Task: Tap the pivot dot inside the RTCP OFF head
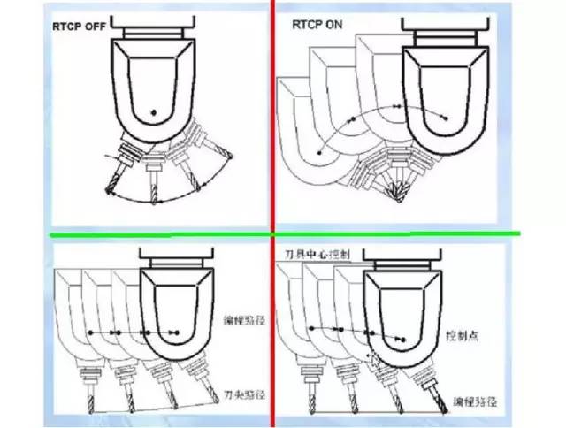point(153,111)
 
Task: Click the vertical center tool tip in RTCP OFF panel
point(153,200)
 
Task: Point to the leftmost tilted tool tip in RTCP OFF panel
point(110,194)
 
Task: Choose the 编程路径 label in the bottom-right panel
point(477,401)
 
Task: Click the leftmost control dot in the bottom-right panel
point(311,328)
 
